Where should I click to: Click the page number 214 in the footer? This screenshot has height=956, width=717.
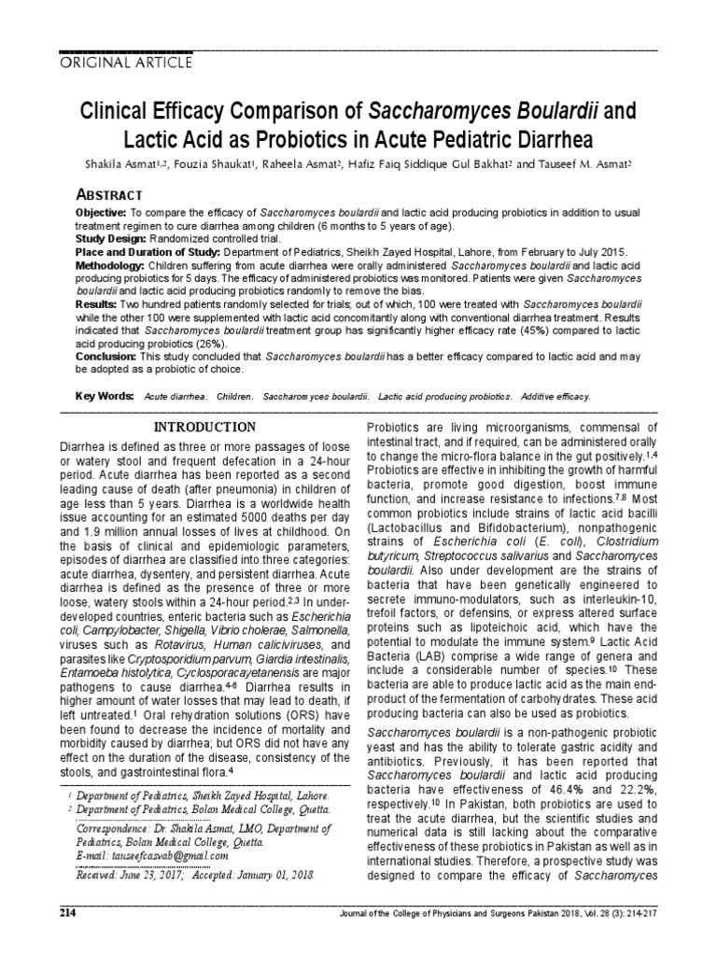click(68, 936)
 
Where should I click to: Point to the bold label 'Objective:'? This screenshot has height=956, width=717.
click(100, 214)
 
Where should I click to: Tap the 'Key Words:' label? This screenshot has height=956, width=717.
click(105, 396)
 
